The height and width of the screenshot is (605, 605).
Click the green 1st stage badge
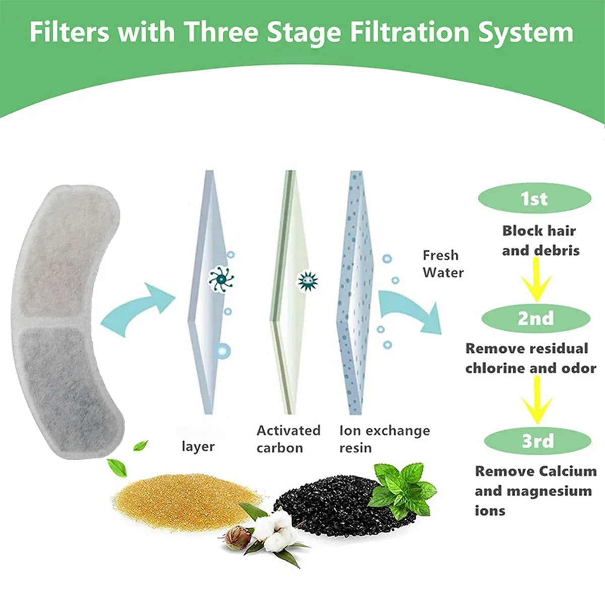[x=534, y=199]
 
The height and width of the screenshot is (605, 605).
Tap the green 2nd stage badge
[x=535, y=319]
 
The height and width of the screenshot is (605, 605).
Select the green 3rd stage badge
[x=537, y=441]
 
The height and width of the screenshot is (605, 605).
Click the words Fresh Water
[x=443, y=264]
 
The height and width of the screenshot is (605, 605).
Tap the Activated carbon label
[x=288, y=439]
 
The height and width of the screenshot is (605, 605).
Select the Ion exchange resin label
[x=384, y=439]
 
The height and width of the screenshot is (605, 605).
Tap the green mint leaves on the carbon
[x=403, y=489]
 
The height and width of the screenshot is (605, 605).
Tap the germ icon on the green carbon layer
[x=307, y=280]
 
